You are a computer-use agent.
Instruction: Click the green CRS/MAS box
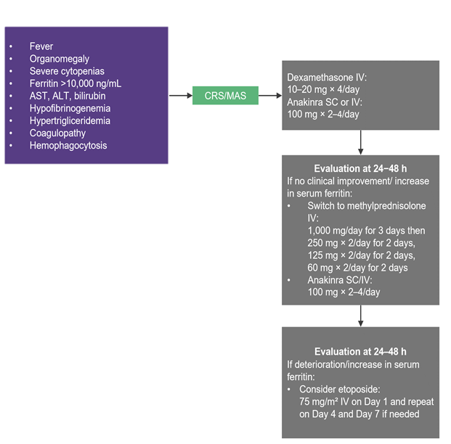pos(225,96)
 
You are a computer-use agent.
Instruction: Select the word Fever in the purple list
pos(41,46)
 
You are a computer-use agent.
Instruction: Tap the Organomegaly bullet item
pos(60,59)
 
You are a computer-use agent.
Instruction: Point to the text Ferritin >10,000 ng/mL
pos(76,83)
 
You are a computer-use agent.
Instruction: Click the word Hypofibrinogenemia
pos(70,108)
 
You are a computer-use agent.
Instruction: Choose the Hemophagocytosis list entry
pos(68,145)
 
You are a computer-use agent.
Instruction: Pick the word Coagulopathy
pos(57,133)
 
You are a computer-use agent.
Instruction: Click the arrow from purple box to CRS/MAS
pos(181,96)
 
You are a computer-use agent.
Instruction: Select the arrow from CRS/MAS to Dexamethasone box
pos(270,96)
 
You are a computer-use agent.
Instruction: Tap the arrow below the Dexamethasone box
pos(360,142)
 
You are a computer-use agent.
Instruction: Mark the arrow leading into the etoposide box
pos(360,316)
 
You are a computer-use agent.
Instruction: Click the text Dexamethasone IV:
pos(327,78)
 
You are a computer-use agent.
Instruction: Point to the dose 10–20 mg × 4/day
pos(323,89)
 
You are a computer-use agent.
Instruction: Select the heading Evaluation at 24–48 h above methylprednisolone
pos(360,168)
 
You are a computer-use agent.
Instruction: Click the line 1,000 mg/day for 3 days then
pos(366,231)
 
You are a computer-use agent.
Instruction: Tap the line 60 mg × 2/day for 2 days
pos(357,268)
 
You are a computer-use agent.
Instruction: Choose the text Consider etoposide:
pos(340,389)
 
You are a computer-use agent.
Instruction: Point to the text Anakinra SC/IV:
pos(340,280)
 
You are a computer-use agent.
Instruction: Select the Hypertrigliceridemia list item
pos(70,120)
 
